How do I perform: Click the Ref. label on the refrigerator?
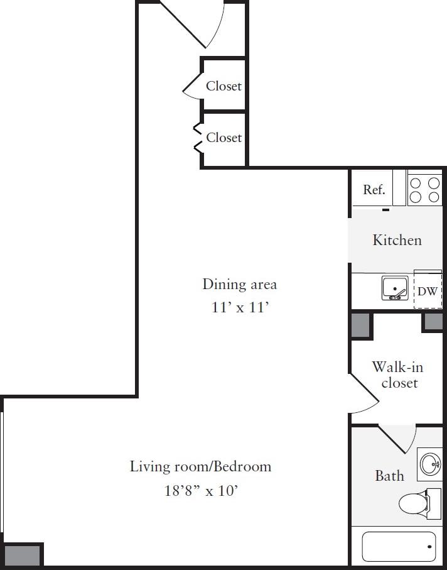pyautogui.click(x=374, y=190)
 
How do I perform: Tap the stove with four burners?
pyautogui.click(x=424, y=189)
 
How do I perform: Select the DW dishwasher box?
pyautogui.click(x=428, y=290)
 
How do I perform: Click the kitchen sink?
pyautogui.click(x=395, y=288)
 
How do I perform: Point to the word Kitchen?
pyautogui.click(x=397, y=240)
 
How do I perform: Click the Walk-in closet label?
pyautogui.click(x=395, y=375)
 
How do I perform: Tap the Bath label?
pyautogui.click(x=389, y=476)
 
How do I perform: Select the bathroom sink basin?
pyautogui.click(x=430, y=464)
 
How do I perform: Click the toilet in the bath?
pyautogui.click(x=414, y=503)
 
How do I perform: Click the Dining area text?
pyautogui.click(x=239, y=284)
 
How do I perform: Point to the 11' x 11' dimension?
pyautogui.click(x=239, y=307)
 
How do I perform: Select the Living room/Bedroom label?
pyautogui.click(x=200, y=466)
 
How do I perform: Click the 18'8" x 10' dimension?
pyautogui.click(x=200, y=490)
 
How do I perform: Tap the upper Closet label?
pyautogui.click(x=223, y=86)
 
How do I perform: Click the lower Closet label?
pyautogui.click(x=223, y=137)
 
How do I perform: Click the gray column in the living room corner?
pyautogui.click(x=22, y=556)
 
